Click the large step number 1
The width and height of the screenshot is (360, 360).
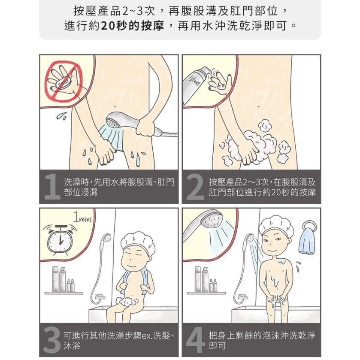tap(52, 186)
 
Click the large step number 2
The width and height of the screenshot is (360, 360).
tap(195, 186)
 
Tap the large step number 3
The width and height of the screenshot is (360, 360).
tap(51, 340)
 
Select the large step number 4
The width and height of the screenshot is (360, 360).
tap(195, 340)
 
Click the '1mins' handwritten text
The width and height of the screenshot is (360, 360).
tap(82, 217)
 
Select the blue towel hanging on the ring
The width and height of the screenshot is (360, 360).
tap(306, 242)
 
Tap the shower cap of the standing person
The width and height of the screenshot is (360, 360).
tap(276, 225)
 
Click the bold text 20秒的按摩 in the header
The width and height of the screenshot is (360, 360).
tap(133, 25)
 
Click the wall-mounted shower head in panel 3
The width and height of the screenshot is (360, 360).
tap(107, 238)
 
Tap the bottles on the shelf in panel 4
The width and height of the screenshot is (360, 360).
tap(206, 279)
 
